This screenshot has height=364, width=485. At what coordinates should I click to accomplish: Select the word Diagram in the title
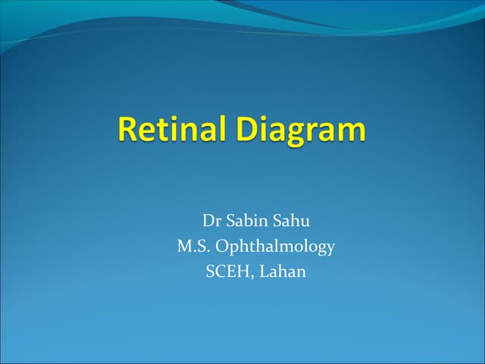[x=302, y=130]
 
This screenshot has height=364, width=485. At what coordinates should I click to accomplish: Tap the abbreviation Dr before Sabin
[x=211, y=221]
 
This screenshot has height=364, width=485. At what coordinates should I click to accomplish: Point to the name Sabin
[x=248, y=221]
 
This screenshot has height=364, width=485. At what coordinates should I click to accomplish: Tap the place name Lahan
[x=283, y=271]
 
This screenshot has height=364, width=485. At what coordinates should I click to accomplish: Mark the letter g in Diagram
[x=299, y=134]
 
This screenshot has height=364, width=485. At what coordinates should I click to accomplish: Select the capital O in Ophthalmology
[x=223, y=246]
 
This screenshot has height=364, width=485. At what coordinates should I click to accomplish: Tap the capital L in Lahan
[x=264, y=271]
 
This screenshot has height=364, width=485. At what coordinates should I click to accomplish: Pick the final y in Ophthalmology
[x=330, y=249]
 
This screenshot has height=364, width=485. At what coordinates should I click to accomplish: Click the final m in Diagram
[x=353, y=133]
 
